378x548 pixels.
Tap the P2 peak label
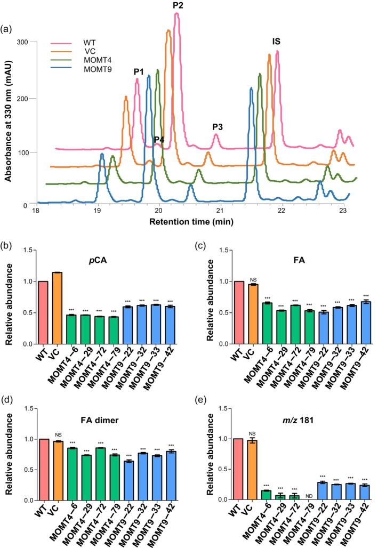178,5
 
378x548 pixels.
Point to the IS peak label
276,41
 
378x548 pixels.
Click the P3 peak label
218,126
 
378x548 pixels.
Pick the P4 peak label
159,140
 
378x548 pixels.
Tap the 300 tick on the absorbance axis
22,42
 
